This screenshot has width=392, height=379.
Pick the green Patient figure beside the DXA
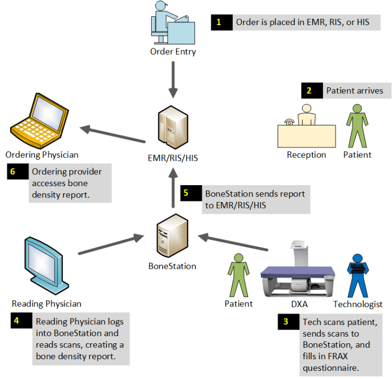pyautogui.click(x=239, y=275)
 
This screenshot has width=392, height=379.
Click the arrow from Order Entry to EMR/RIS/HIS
pyautogui.click(x=173, y=79)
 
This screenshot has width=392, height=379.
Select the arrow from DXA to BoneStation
pyautogui.click(x=233, y=242)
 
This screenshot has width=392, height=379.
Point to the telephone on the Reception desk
pyautogui.click(x=290, y=122)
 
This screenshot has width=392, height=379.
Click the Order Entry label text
pyautogui.click(x=173, y=52)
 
